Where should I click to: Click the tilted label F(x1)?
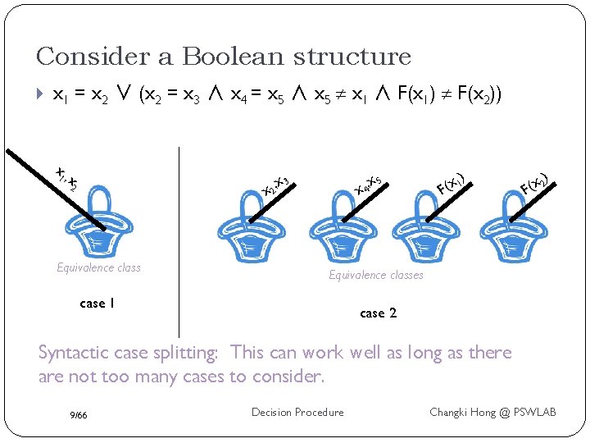pyautogui.click(x=452, y=182)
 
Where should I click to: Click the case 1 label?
pyautogui.click(x=97, y=304)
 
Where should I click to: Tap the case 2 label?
pyautogui.click(x=378, y=313)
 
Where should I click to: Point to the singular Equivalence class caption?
pyautogui.click(x=98, y=267)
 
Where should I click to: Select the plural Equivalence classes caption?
pyautogui.click(x=376, y=275)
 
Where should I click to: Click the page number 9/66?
pyautogui.click(x=79, y=415)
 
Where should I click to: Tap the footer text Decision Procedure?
pyautogui.click(x=297, y=412)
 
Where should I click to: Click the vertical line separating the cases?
pyautogui.click(x=179, y=238)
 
